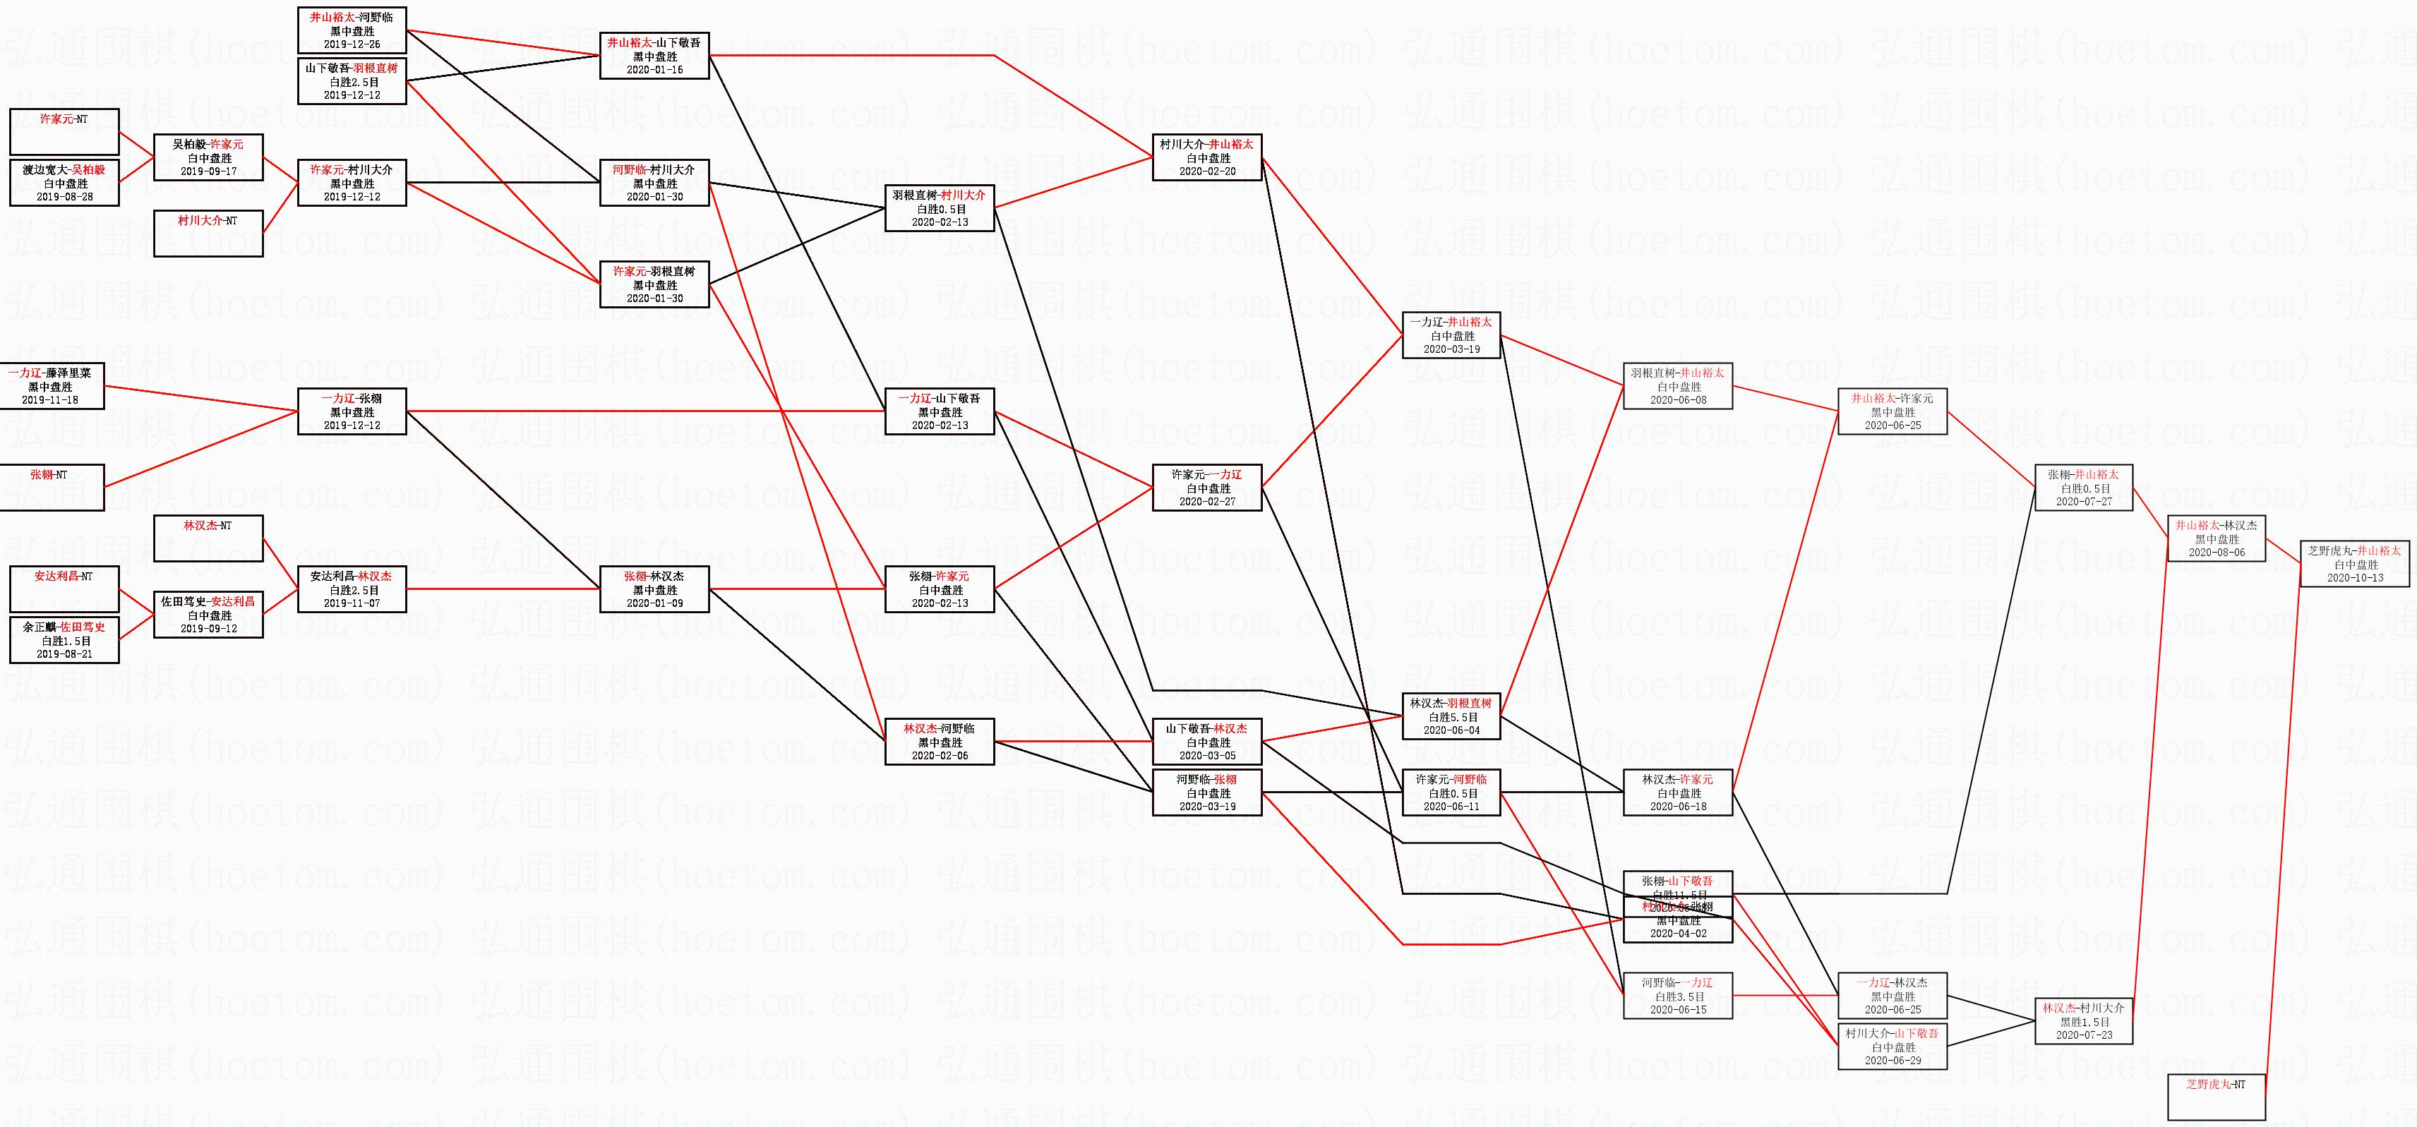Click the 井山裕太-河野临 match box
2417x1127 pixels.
point(352,30)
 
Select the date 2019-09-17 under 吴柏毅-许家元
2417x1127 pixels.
point(208,171)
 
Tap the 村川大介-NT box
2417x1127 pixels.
point(208,233)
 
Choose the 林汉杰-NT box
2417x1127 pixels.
point(208,538)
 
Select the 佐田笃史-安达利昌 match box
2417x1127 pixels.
point(208,614)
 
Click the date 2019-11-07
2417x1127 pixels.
point(352,603)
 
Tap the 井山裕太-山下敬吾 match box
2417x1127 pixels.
point(654,55)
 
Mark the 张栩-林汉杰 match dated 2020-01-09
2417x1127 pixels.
point(654,589)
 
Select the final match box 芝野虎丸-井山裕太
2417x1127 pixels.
point(2354,563)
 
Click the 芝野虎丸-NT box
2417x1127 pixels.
point(2217,1096)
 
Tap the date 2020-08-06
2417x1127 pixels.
point(2217,553)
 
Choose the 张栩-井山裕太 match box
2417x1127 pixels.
point(2084,487)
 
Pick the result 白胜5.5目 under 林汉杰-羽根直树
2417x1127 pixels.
point(1451,717)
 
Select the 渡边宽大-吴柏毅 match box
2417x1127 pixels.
point(64,182)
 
